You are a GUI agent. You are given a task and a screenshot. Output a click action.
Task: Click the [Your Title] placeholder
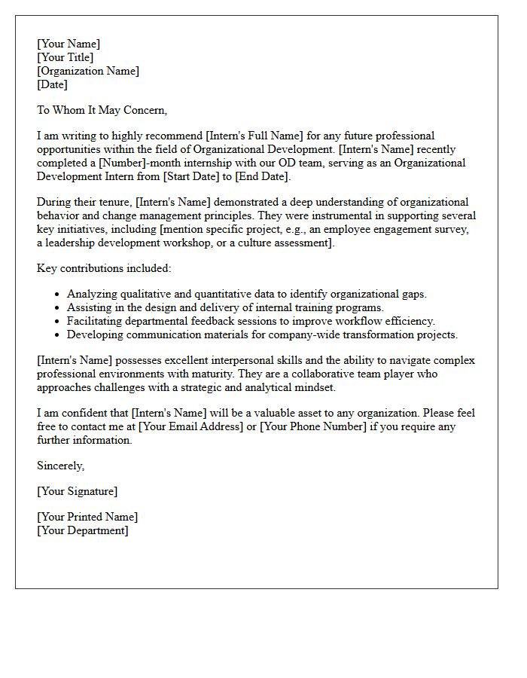click(x=65, y=57)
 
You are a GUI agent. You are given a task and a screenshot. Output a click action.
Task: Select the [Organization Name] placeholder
click(x=88, y=71)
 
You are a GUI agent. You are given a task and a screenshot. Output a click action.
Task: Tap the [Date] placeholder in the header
click(x=53, y=84)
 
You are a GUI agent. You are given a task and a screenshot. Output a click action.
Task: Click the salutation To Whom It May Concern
click(x=102, y=110)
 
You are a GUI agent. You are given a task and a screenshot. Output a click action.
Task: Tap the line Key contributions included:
click(x=104, y=268)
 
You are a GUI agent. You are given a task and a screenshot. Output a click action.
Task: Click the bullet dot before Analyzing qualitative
click(x=58, y=295)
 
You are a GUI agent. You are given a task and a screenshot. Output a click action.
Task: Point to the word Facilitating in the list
click(x=94, y=321)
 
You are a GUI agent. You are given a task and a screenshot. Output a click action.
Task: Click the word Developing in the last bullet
click(x=94, y=334)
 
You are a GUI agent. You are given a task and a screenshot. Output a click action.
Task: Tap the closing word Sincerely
click(x=61, y=466)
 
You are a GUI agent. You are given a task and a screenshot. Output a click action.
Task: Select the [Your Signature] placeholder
click(x=77, y=491)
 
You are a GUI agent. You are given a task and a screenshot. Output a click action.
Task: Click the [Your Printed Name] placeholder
click(x=87, y=518)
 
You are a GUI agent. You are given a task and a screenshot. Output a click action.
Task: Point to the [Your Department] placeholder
click(x=83, y=530)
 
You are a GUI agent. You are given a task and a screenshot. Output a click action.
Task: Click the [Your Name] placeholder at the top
click(x=69, y=44)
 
